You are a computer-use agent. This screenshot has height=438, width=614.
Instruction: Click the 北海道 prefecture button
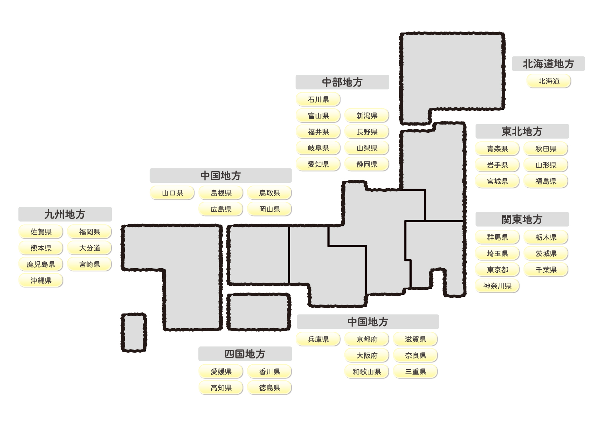pos(548,81)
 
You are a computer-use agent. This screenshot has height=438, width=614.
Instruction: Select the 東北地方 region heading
pos(522,131)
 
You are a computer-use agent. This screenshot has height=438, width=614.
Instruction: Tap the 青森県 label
pos(497,149)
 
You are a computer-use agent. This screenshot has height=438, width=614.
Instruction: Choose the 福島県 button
pos(546,181)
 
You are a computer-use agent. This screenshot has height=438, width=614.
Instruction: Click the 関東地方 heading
pos(522,219)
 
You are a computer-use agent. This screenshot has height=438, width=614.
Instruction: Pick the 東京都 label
pos(497,270)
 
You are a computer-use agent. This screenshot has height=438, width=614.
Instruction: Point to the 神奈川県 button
pos(497,286)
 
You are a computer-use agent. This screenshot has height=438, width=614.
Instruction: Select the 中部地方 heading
pos(342,82)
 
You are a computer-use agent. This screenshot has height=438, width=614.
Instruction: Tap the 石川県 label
pos(318,99)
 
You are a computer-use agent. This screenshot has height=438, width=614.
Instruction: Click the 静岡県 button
pos(367,164)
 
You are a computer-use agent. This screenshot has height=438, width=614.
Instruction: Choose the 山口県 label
pos(173,193)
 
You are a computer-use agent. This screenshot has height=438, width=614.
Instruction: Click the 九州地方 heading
pos(65,214)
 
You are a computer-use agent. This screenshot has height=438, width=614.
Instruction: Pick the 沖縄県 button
pos(41,280)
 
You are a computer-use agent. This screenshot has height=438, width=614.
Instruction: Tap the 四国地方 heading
pos(245,354)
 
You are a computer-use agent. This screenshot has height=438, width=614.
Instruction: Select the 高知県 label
pos(221,388)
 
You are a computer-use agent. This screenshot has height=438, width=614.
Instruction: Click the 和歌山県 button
pos(367,371)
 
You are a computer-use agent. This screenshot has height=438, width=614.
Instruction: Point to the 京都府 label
pos(367,339)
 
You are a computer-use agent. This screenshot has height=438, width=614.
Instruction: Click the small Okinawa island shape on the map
pos(134,332)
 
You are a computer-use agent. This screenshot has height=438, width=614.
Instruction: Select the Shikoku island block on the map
pos(259,312)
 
